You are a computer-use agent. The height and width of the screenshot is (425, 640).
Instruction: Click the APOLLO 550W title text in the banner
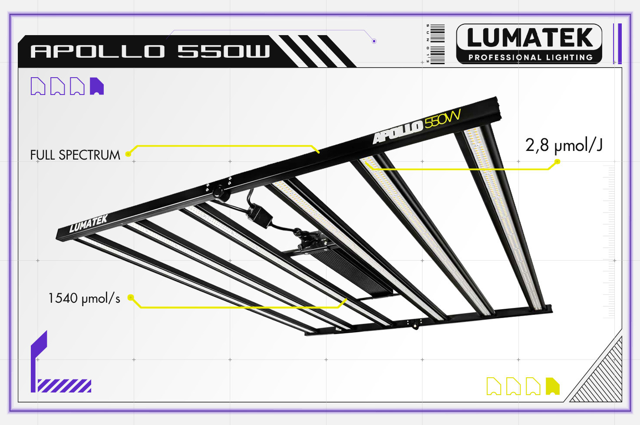click(150, 51)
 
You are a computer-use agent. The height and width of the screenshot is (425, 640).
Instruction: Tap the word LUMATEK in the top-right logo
click(529, 38)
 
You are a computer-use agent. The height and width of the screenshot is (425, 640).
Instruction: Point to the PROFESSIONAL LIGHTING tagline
click(530, 57)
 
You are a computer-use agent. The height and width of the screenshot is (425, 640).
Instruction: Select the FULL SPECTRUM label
click(75, 155)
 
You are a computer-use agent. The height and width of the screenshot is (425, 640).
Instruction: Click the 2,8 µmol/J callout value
click(564, 145)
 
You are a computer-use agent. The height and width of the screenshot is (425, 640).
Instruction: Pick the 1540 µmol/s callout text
click(84, 298)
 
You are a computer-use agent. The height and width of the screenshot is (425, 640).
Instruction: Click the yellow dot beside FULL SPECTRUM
click(128, 154)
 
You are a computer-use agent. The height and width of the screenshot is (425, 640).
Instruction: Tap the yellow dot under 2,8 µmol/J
click(558, 162)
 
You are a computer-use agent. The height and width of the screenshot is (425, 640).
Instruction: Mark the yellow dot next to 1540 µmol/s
click(130, 297)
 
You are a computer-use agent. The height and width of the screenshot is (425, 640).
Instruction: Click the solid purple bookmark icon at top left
click(96, 86)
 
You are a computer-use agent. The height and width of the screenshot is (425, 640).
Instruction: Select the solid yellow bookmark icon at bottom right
click(552, 386)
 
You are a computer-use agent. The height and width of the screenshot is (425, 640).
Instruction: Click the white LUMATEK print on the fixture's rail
click(88, 224)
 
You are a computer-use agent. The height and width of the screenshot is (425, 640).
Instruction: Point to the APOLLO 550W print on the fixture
click(416, 125)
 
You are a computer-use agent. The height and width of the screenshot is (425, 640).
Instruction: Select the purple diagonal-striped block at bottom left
click(64, 386)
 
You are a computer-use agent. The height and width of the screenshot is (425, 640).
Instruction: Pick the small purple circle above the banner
click(374, 41)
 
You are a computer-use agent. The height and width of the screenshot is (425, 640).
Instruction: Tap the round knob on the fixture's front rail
click(218, 191)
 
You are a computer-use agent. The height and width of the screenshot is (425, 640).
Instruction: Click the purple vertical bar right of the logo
click(620, 43)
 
